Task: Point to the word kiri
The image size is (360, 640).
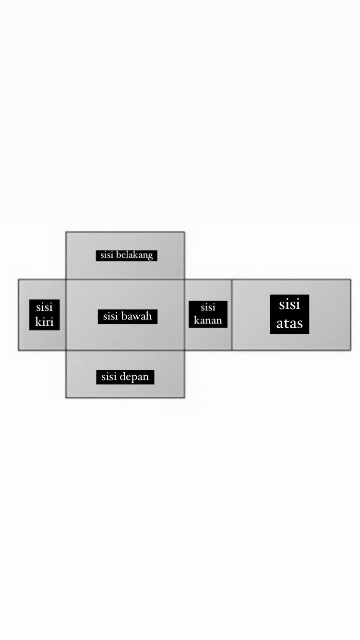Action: tap(44, 322)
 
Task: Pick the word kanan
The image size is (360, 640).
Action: tap(208, 320)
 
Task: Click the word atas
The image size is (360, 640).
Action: tap(289, 323)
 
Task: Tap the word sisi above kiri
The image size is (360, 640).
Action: tap(44, 308)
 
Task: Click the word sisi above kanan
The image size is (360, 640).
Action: tap(208, 308)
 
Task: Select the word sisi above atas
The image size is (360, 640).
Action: tap(289, 304)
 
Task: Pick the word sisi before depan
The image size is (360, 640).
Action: tap(108, 377)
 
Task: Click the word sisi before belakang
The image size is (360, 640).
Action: tap(107, 255)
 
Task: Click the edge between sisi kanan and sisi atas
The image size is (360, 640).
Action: tap(232, 315)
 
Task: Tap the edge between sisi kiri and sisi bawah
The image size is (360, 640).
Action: tap(66, 315)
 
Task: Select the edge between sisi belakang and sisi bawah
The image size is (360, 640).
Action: tap(125, 279)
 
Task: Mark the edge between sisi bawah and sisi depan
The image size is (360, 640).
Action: tap(125, 350)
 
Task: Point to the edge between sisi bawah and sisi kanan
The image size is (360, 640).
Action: tap(185, 315)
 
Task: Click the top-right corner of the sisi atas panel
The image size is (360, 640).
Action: tap(350, 279)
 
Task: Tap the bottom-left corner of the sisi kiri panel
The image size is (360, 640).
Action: tap(19, 350)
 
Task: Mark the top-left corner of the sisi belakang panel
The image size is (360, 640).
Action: tap(66, 232)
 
